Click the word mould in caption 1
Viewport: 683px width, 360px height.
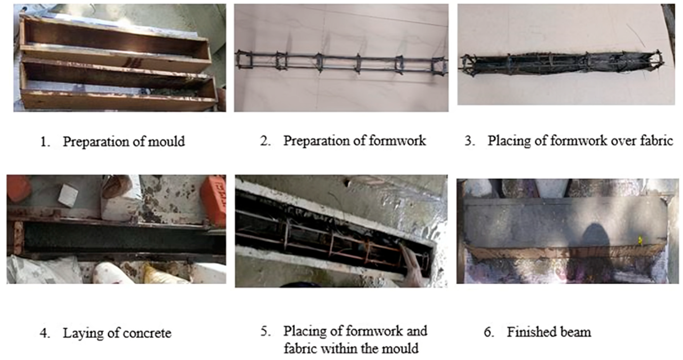click(x=166, y=141)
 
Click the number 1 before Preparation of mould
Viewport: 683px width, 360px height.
click(x=43, y=142)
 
